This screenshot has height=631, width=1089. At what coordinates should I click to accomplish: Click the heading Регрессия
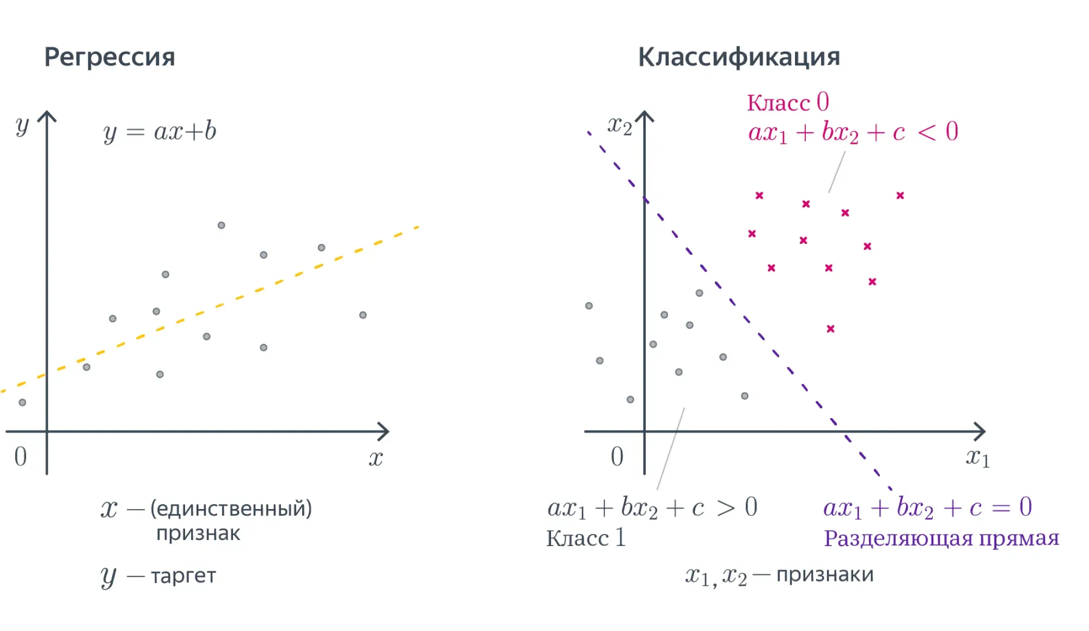(x=109, y=57)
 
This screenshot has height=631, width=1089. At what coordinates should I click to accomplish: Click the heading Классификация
(x=739, y=57)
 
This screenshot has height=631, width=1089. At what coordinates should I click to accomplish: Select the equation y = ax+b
(x=160, y=132)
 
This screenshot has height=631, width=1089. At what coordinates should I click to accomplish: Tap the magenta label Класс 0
(x=787, y=102)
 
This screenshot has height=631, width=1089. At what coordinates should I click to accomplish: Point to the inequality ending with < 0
(x=853, y=132)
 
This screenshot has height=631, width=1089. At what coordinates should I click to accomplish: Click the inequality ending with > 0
(x=652, y=507)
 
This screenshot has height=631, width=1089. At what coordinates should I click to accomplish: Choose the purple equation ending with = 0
(x=927, y=507)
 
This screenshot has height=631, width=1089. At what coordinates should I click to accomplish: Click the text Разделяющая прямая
(x=941, y=538)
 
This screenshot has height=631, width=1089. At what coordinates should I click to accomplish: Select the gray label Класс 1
(x=586, y=538)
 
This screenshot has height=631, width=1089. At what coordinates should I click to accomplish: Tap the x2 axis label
(x=620, y=126)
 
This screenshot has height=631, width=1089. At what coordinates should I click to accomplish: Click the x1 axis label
(x=977, y=457)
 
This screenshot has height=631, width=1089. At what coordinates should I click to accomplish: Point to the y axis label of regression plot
(x=22, y=126)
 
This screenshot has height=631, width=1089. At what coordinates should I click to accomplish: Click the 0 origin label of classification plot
(x=617, y=456)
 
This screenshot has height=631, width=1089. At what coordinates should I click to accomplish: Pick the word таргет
(x=183, y=576)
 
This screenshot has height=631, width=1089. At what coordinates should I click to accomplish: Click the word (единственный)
(x=231, y=509)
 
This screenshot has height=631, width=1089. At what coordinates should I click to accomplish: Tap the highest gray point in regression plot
(x=221, y=225)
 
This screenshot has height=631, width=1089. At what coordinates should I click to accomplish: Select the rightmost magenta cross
(x=900, y=195)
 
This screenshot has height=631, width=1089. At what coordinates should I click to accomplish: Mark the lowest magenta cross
(x=830, y=329)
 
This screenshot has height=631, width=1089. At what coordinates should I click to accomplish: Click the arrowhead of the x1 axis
(x=982, y=432)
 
